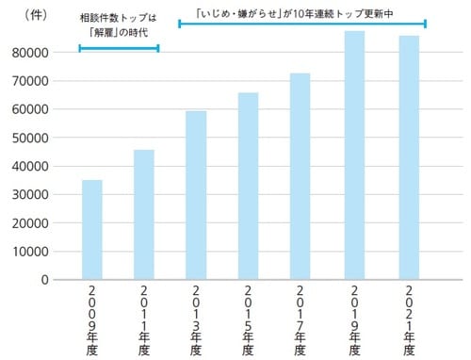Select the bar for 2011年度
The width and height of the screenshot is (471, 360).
(144, 214)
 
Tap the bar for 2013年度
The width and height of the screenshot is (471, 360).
(196, 195)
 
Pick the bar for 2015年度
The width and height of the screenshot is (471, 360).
(248, 186)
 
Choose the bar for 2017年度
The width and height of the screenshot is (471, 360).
(300, 176)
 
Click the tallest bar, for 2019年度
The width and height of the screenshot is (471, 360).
(354, 155)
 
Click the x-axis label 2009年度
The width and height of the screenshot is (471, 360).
(92, 320)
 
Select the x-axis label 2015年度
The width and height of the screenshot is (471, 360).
(249, 320)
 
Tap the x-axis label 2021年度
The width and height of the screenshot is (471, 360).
(408, 320)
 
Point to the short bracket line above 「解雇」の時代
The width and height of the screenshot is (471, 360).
(119, 47)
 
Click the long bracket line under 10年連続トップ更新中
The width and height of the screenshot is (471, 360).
(301, 24)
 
